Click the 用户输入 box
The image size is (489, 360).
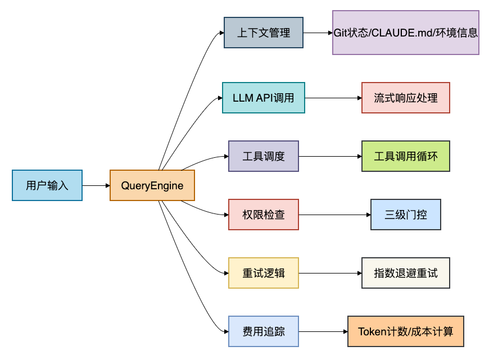47,185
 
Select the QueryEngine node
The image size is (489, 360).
152,185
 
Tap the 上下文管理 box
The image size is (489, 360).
264,33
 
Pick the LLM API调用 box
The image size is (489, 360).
264,98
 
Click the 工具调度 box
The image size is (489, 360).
264,156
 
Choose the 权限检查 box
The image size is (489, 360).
264,215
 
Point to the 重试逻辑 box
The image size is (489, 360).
264,273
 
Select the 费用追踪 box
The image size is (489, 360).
264,331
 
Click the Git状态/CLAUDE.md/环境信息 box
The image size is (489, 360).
406,33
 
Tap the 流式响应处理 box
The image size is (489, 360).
406,98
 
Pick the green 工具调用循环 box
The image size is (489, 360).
406,156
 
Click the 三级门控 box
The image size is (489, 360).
406,215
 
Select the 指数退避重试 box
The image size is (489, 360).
406,273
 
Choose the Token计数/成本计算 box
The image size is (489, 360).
406,331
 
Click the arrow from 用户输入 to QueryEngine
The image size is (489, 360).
96,185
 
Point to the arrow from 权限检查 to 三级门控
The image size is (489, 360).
334,215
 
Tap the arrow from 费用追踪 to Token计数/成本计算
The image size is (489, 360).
323,331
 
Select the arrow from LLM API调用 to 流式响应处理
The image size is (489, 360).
333,98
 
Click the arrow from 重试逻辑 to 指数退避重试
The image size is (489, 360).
330,273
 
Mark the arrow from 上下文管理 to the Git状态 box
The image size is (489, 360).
318,33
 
